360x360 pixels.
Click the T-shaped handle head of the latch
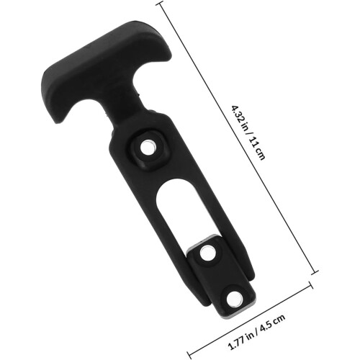(x=106, y=65)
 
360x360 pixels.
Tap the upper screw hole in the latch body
(x=148, y=148)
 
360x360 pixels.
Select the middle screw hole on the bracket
(x=207, y=253)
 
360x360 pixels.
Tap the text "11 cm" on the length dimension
(x=257, y=150)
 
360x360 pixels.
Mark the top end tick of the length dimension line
(x=160, y=4)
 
